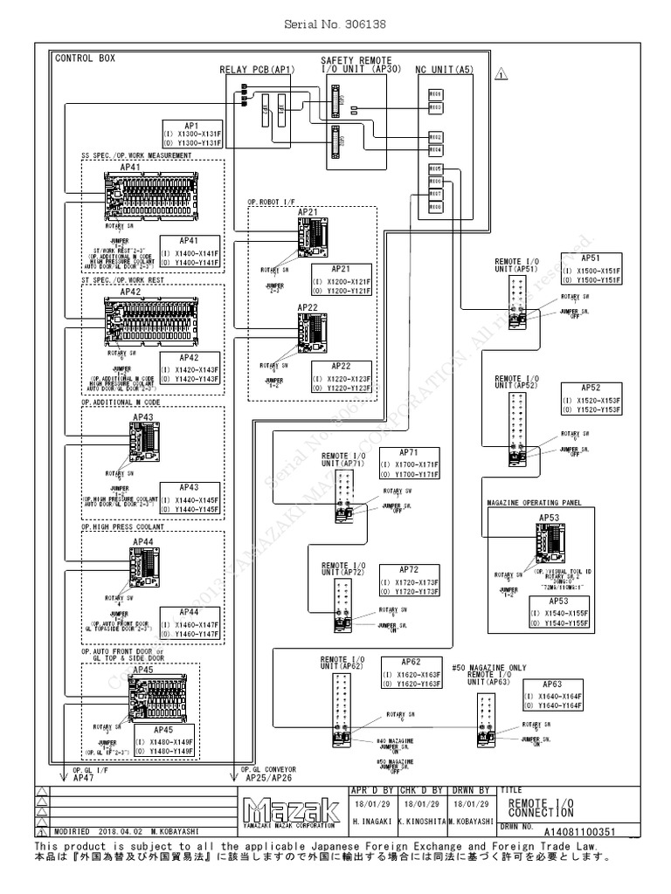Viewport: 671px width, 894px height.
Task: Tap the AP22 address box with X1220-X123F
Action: (341, 374)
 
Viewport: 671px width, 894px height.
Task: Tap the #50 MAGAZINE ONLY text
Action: (488, 667)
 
